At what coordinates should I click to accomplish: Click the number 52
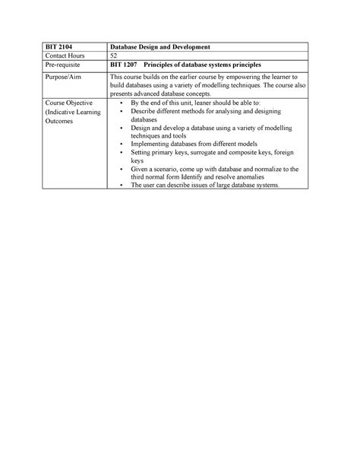pos(114,57)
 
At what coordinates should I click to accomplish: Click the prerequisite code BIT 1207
pos(123,66)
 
